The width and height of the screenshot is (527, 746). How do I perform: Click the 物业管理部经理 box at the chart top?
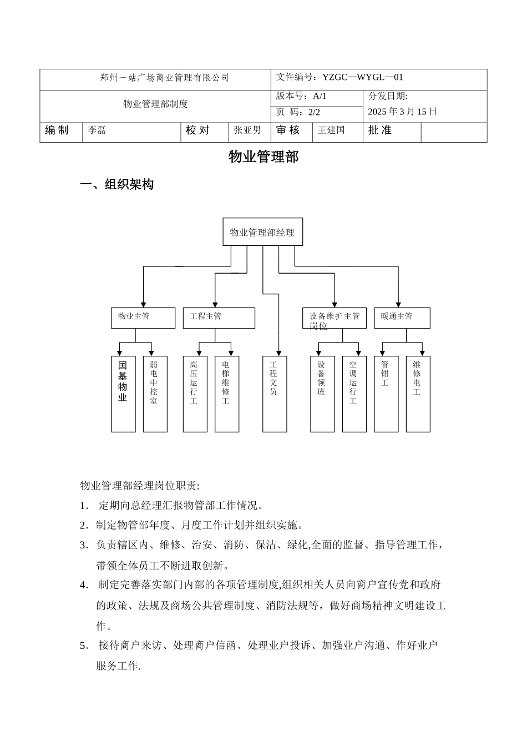coord(262,232)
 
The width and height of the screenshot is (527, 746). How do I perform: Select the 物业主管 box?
coord(143,317)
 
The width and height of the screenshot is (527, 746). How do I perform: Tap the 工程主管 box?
coord(219,317)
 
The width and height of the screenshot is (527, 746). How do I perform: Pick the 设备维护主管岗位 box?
coord(334,318)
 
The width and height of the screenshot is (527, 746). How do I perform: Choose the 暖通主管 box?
coord(402,317)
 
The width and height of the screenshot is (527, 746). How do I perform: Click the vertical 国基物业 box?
coord(123,394)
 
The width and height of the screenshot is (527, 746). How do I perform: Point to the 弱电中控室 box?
coord(155,394)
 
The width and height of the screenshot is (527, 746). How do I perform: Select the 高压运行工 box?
coord(195,394)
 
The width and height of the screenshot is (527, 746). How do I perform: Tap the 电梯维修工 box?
coord(226,394)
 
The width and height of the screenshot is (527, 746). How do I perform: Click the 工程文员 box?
coord(274,394)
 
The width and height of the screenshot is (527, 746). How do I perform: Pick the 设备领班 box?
coord(322,394)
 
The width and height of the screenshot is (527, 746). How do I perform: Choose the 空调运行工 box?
coord(354,394)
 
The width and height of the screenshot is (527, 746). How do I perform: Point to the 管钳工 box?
coord(386,394)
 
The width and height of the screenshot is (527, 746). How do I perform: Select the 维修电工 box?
coord(418,394)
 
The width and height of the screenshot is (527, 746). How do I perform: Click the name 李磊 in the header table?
coord(97,130)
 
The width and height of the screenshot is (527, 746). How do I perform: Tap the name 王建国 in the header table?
coord(331,130)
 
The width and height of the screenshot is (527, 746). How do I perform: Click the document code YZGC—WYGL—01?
coord(363,78)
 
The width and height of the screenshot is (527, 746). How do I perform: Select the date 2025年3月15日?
coord(402,112)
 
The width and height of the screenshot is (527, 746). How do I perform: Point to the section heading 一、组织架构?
coord(116,185)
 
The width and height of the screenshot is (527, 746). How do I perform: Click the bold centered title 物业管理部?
coord(263,157)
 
